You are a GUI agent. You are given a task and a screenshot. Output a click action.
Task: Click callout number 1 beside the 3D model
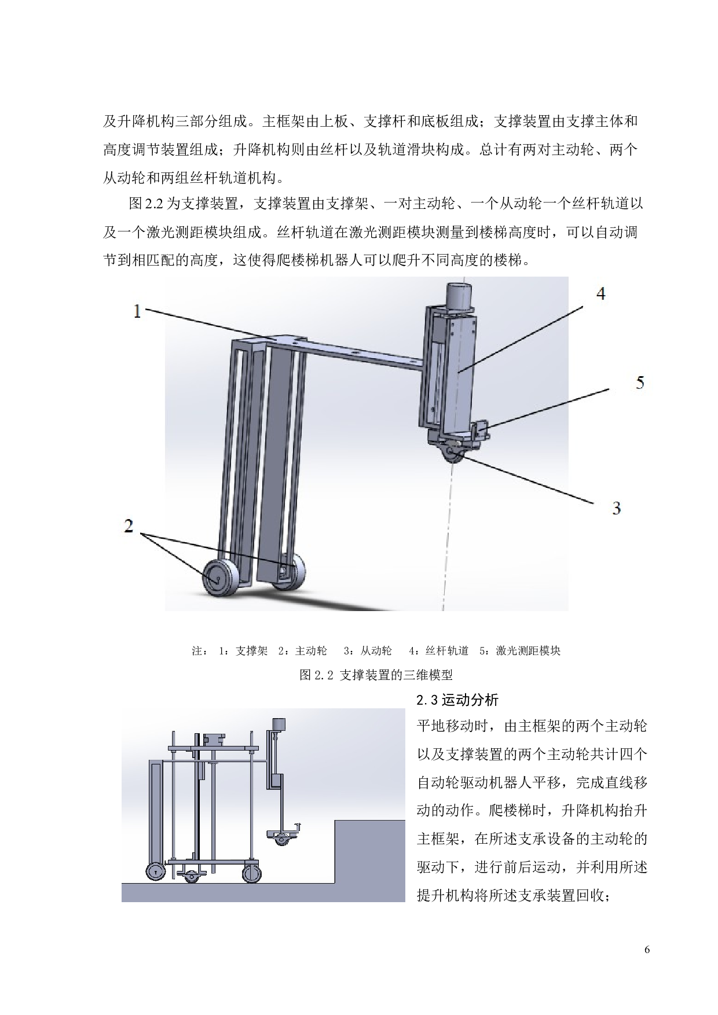pos(137,311)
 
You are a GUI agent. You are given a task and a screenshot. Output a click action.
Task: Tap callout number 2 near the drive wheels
pos(129,525)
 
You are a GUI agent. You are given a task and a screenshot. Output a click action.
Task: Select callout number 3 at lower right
pos(617,508)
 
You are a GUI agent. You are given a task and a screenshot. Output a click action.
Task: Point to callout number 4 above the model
pos(601,294)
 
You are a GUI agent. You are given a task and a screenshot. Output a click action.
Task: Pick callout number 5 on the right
pos(640,383)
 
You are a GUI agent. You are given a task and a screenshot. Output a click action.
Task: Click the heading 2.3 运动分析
pos(457,700)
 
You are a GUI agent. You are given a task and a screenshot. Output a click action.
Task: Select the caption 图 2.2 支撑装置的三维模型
pos(376,675)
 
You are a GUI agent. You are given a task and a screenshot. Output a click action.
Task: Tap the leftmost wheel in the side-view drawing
pos(155,872)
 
